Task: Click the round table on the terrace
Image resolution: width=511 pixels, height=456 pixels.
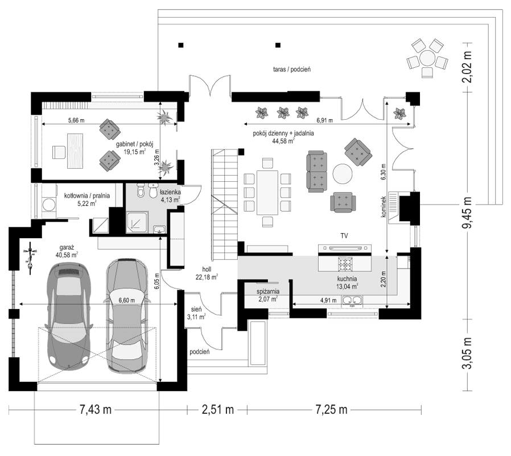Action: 427,58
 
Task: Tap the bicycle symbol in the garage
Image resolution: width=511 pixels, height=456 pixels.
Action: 30,257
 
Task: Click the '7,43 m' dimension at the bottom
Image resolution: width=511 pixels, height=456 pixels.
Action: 95,409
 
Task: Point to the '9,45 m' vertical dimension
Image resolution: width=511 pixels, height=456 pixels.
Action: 468,213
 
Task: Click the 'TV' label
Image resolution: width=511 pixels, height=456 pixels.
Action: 344,235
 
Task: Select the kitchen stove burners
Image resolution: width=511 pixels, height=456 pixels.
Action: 345,264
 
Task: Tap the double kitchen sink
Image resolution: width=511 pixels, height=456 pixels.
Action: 352,301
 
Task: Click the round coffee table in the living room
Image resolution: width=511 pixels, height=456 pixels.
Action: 342,174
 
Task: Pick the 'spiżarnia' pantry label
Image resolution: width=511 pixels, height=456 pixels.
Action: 268,292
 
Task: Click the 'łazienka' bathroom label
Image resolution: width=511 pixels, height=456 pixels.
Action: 170,193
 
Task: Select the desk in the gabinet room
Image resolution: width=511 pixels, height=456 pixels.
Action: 75,150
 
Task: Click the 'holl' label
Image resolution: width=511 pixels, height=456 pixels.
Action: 207,269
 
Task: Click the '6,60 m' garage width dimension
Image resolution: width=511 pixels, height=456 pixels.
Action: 127,300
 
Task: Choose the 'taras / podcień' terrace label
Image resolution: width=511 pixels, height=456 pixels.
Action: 292,69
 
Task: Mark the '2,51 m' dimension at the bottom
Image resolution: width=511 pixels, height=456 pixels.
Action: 218,409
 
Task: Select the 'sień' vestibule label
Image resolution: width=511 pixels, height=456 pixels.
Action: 196,309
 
